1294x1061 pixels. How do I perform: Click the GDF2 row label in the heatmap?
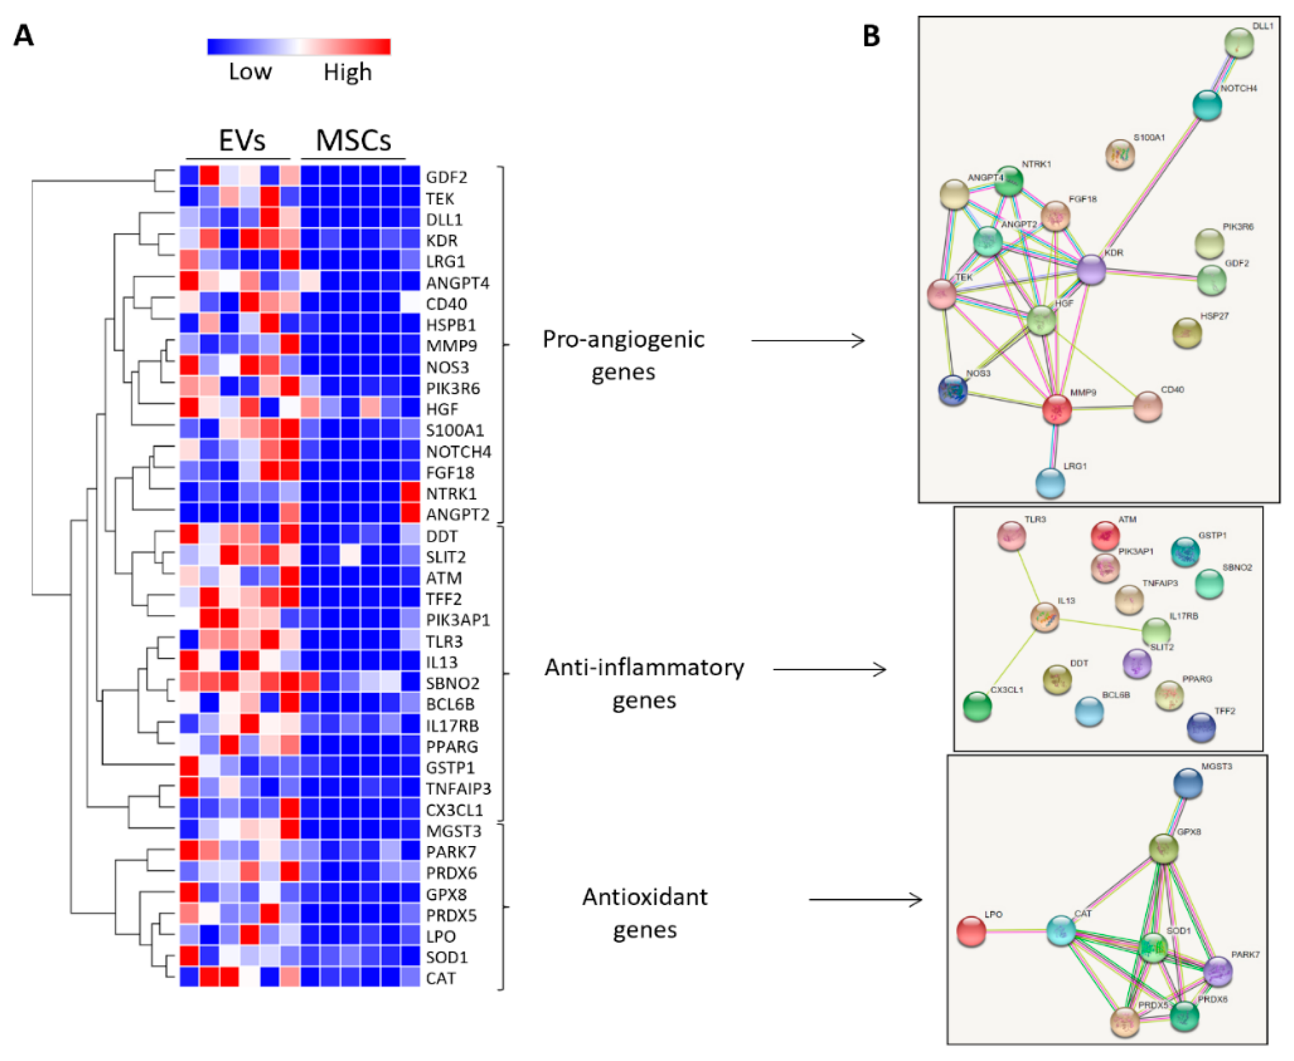point(446,177)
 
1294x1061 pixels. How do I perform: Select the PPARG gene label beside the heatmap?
point(452,746)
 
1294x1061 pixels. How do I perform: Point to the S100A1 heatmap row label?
point(455,430)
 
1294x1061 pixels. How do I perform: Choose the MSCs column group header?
point(353,141)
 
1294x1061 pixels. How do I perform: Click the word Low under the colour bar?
point(250,72)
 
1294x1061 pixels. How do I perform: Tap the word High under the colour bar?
point(347,72)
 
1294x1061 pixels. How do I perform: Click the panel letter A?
point(23,36)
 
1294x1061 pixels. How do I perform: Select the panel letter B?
point(871,36)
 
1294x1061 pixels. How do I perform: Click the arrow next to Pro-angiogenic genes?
point(808,340)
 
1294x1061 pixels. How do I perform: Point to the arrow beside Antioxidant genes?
point(865,899)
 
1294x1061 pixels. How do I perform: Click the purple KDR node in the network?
point(1091,270)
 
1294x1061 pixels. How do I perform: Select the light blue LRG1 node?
point(1050,483)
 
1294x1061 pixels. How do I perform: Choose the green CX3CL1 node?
point(977,706)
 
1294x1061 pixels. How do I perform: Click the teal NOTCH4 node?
point(1207,105)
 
